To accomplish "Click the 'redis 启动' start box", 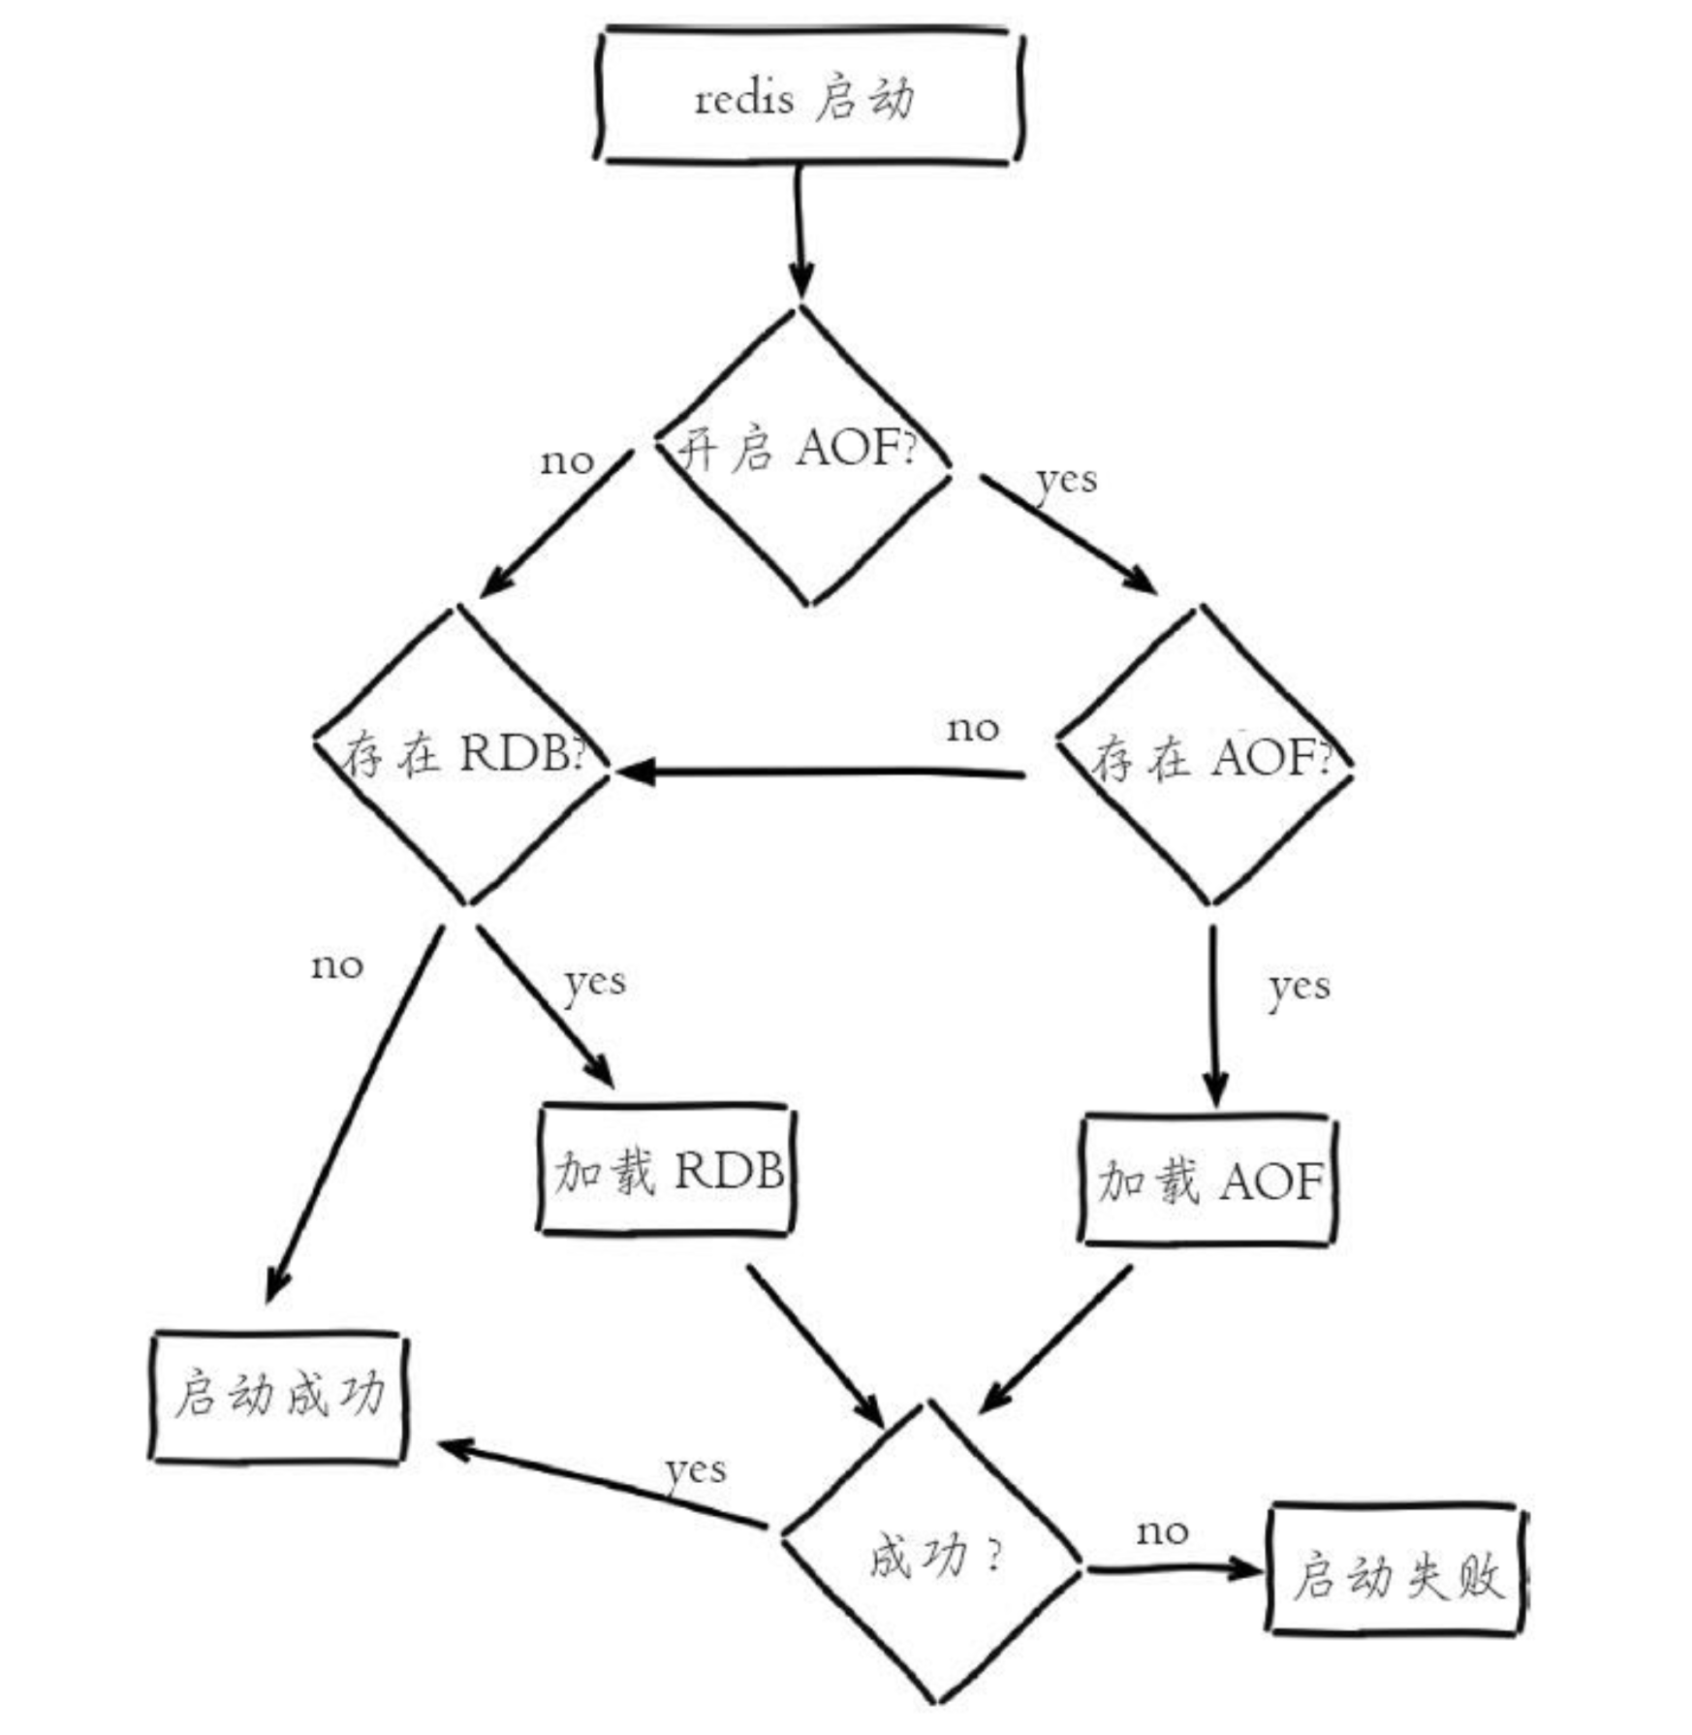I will point(807,97).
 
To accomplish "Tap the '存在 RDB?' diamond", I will point(462,756).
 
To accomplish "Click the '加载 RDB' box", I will point(667,1171).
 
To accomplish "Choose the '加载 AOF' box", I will point(1208,1181).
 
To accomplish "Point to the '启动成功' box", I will point(279,1396).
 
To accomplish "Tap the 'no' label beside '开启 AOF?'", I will point(567,461).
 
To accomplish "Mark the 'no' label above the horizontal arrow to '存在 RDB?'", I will point(972,728).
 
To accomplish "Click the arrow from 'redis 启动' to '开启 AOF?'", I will point(799,233).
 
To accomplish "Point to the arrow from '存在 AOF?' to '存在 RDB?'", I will point(824,773).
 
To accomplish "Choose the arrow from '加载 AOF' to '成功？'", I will point(1056,1338).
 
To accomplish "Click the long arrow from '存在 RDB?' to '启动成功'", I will point(354,1115).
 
